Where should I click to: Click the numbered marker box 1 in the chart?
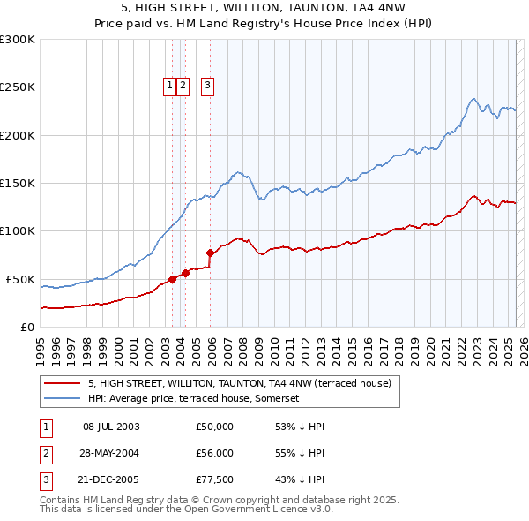168,86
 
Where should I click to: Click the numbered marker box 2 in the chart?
183,86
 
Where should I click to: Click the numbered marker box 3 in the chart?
207,86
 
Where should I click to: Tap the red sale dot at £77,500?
210,253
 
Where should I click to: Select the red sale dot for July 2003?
172,279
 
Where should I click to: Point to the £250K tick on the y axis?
18,87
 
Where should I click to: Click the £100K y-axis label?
18,231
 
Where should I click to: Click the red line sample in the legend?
62,383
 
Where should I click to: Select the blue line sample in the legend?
62,398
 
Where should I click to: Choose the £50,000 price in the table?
214,427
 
